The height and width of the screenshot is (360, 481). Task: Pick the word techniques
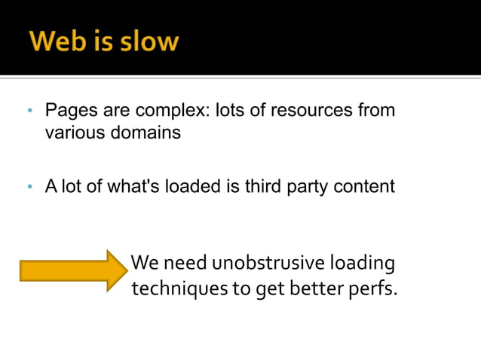click(169, 288)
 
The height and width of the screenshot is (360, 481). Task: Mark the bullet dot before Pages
click(29, 111)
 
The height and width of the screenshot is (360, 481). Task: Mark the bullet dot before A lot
click(29, 187)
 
